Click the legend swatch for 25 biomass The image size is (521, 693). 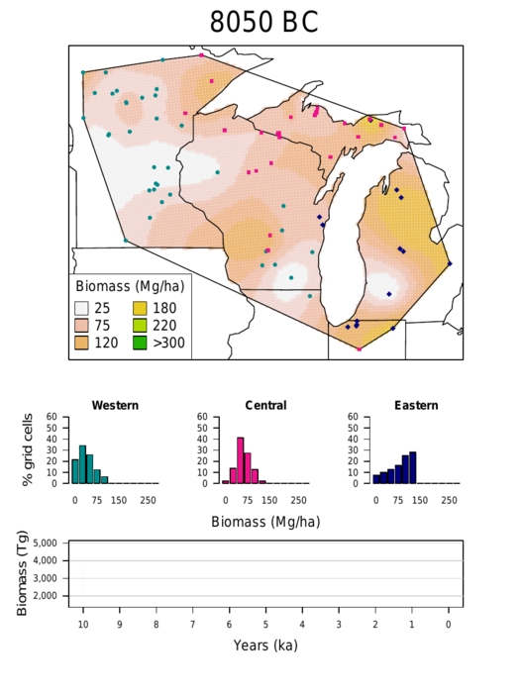(x=82, y=308)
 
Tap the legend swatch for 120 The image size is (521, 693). (x=82, y=343)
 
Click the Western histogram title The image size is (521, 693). (x=115, y=405)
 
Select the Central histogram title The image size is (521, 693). (x=265, y=405)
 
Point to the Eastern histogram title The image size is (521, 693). (x=415, y=405)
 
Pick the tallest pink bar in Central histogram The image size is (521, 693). (x=240, y=460)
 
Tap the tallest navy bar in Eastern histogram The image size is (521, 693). (x=412, y=467)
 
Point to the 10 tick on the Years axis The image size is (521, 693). (x=83, y=625)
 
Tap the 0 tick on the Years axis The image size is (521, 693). (x=449, y=625)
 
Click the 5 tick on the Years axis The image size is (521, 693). (x=265, y=625)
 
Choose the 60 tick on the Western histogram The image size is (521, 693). (x=62, y=416)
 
